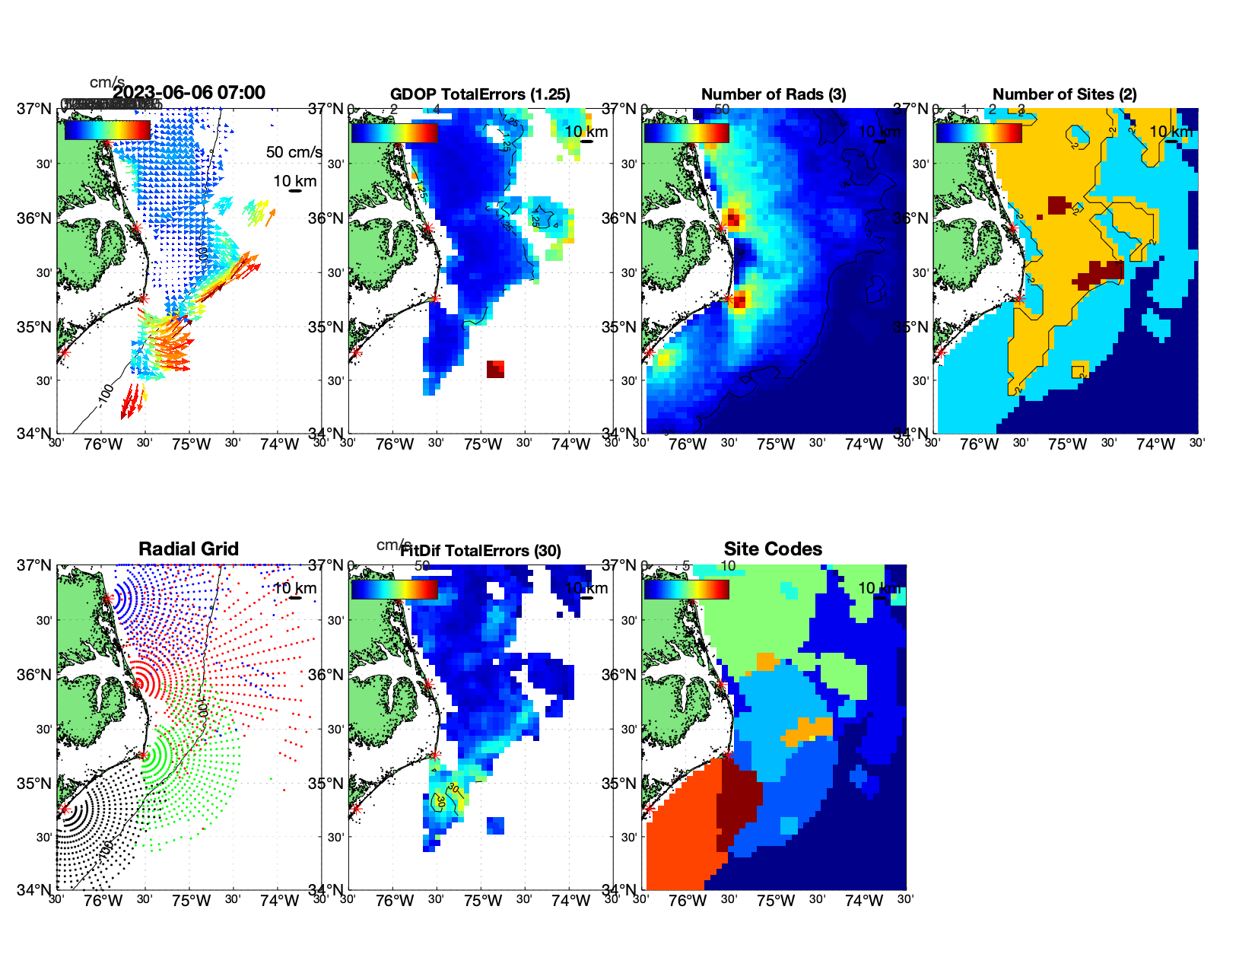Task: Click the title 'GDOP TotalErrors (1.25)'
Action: pyautogui.click(x=480, y=94)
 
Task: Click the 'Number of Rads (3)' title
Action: pyautogui.click(x=774, y=94)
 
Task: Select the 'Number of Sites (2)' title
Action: pyautogui.click(x=1065, y=94)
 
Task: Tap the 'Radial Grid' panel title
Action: pyautogui.click(x=189, y=549)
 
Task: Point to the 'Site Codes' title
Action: pyautogui.click(x=773, y=549)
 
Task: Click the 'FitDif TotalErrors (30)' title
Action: pyautogui.click(x=481, y=551)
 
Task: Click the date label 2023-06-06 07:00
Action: pyautogui.click(x=189, y=93)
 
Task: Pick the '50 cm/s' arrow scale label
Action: pyautogui.click(x=294, y=152)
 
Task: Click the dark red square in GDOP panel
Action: pyautogui.click(x=495, y=369)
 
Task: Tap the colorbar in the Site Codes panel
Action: pyautogui.click(x=686, y=589)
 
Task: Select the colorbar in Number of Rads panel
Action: pyautogui.click(x=686, y=132)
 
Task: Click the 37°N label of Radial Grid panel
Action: pyautogui.click(x=35, y=565)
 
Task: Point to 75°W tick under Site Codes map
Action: pyautogui.click(x=776, y=902)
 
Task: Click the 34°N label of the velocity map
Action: pyautogui.click(x=35, y=434)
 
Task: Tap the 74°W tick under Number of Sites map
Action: pyautogui.click(x=1155, y=445)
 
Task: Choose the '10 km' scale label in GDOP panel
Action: pyautogui.click(x=586, y=132)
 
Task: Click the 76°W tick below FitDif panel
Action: pyautogui.click(x=395, y=902)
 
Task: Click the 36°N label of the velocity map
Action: pyautogui.click(x=35, y=218)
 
